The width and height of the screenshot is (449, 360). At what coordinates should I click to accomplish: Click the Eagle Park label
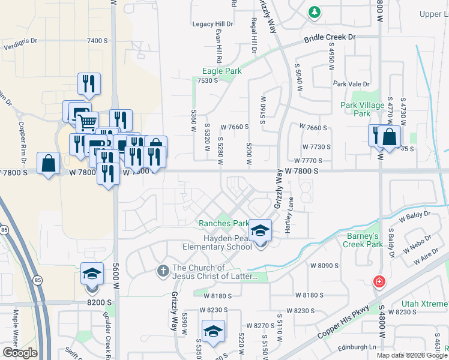pos(222,71)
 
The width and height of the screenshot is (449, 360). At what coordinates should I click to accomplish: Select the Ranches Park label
pos(224,223)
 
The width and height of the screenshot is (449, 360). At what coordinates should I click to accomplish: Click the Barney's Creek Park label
pos(363,240)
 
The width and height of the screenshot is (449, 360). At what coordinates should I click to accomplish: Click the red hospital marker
pos(379,281)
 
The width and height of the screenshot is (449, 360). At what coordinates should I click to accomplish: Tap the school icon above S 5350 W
pos(213,331)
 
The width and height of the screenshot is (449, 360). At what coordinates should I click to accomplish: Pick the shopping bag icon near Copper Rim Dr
pos(48,163)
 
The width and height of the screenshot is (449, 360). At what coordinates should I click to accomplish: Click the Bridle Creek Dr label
pos(330,37)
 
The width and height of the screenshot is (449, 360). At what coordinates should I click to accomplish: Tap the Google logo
pos(19,353)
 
